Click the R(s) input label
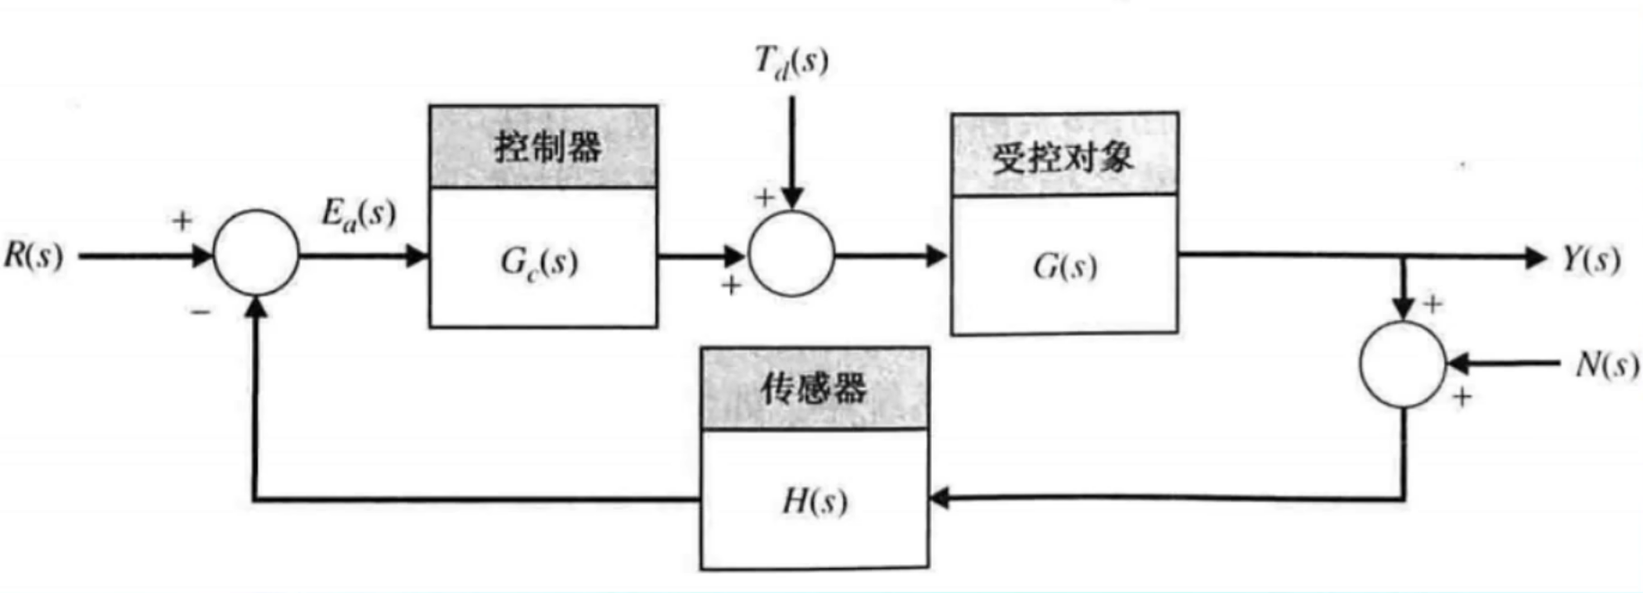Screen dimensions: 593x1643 [34, 256]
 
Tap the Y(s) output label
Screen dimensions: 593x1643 [1591, 258]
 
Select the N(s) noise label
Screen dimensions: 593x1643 [1607, 364]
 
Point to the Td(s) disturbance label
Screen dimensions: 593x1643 [791, 61]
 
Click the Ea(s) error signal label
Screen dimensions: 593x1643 [358, 214]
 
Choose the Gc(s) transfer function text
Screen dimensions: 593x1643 [539, 262]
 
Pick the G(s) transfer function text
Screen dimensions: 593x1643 [1065, 266]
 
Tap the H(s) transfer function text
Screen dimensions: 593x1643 [814, 501]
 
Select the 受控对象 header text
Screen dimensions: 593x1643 [1063, 158]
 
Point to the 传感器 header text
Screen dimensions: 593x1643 [813, 388]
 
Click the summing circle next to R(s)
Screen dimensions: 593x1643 [256, 254]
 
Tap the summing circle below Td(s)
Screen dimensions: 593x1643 [791, 254]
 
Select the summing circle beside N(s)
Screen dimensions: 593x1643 [1402, 364]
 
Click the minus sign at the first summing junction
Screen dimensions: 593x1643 [200, 311]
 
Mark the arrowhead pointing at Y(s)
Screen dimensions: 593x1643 [1533, 257]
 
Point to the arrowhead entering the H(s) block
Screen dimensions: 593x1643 [940, 497]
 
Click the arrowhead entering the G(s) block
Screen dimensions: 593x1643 [937, 256]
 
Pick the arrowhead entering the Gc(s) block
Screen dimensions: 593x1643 [417, 256]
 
